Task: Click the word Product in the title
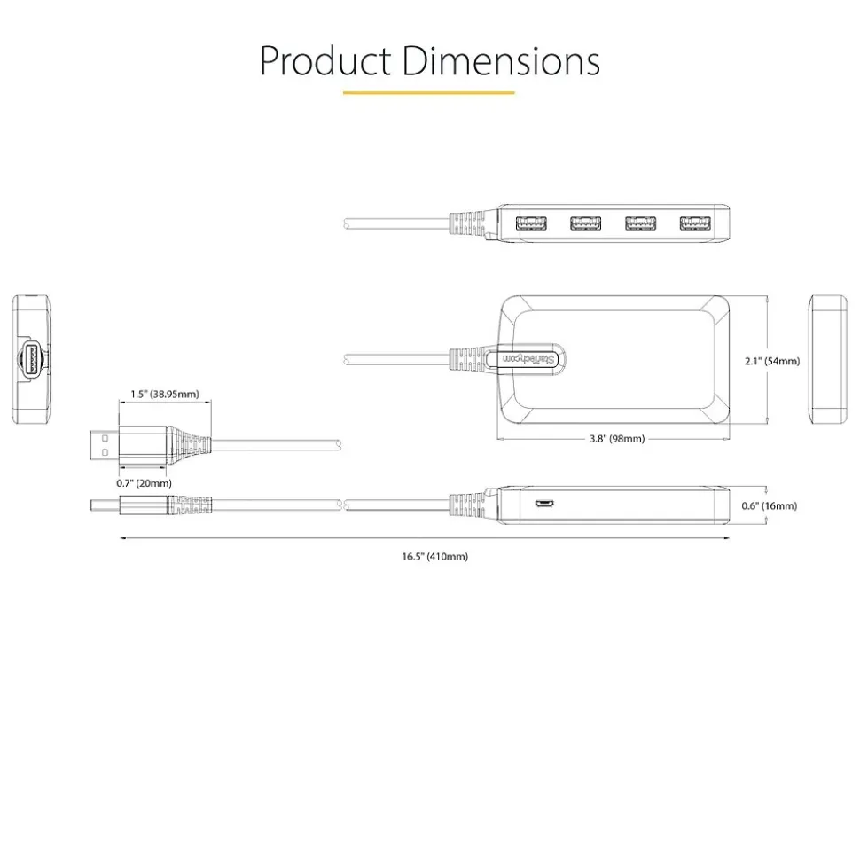324,62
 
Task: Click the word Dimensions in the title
500,62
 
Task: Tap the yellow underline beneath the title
428,92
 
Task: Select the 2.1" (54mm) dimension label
771,361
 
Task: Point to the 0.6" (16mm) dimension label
769,505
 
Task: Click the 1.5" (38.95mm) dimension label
165,393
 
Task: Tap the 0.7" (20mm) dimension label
144,482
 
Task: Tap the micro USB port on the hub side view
543,505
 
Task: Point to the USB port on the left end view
32,360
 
